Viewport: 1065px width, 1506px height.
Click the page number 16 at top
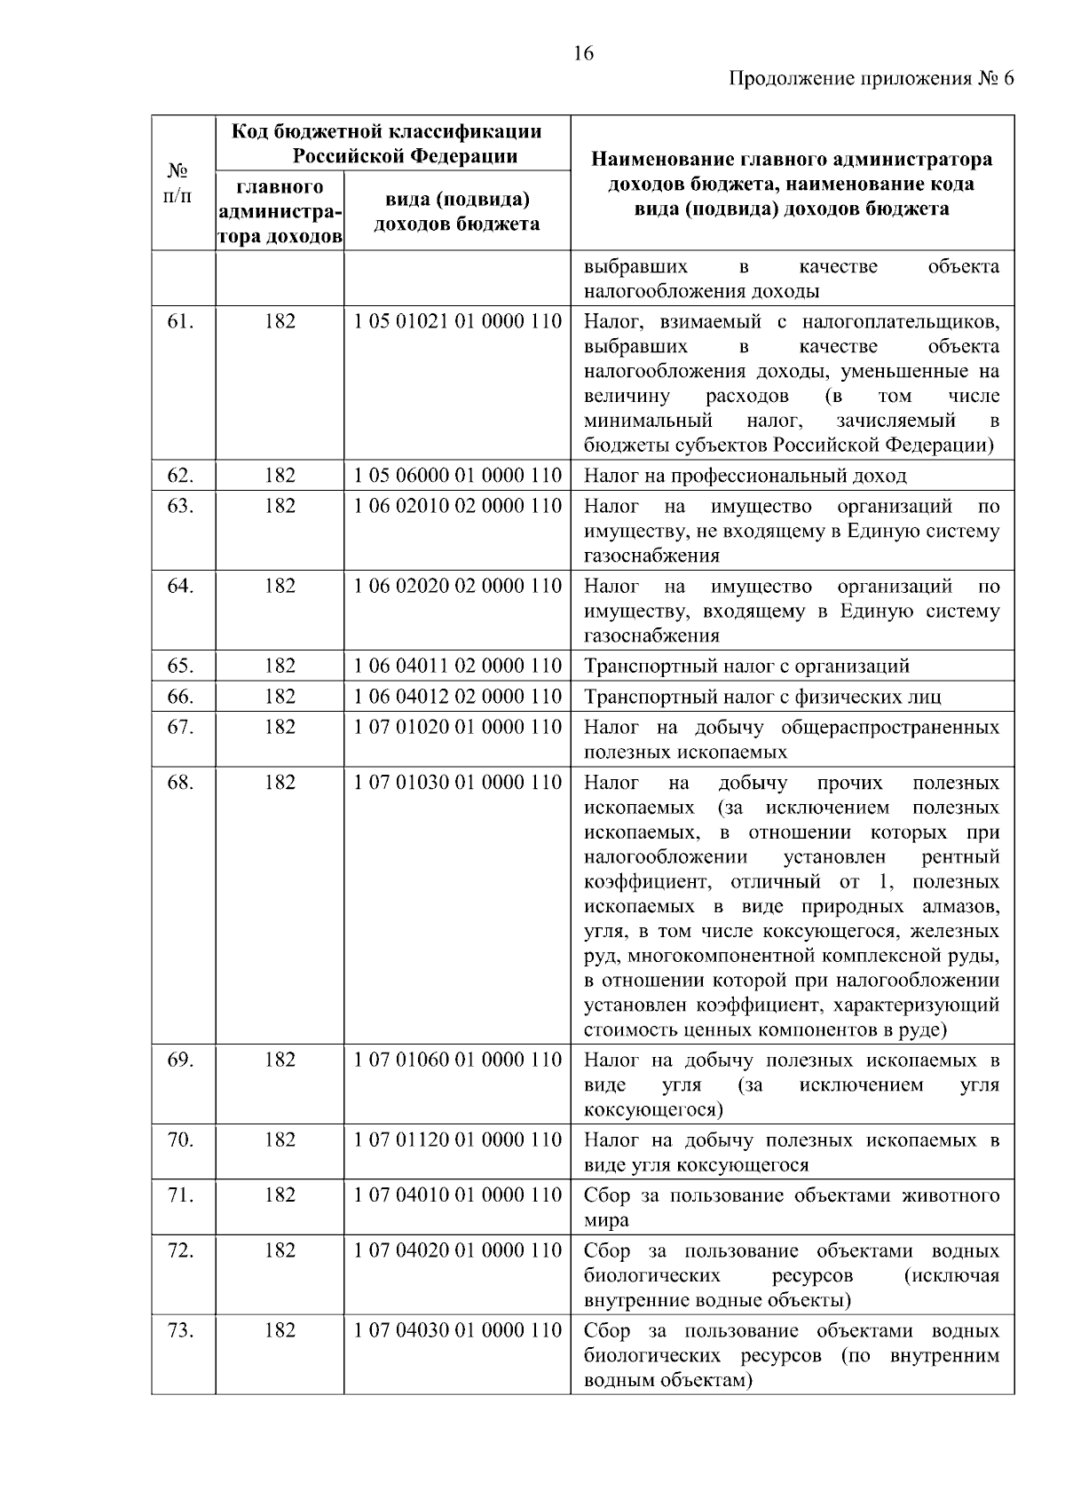click(583, 53)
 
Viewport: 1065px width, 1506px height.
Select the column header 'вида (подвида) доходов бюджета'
click(456, 211)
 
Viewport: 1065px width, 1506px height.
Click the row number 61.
click(180, 321)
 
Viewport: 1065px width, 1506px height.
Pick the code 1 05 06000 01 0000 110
click(457, 476)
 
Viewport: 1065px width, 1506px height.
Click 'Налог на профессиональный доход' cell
click(745, 477)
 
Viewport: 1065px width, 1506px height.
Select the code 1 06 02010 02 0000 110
click(457, 506)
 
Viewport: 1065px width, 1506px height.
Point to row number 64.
click(180, 586)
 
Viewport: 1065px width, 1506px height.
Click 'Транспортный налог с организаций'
click(746, 666)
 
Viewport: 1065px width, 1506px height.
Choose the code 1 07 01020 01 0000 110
click(457, 727)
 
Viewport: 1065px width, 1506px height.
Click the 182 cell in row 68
click(280, 783)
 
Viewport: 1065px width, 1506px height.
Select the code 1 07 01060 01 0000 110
click(457, 1060)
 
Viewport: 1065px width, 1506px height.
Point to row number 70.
click(180, 1139)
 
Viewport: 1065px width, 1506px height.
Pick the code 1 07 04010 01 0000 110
click(457, 1195)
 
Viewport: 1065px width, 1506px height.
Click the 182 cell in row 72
click(280, 1250)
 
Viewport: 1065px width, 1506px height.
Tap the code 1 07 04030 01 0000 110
click(457, 1330)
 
